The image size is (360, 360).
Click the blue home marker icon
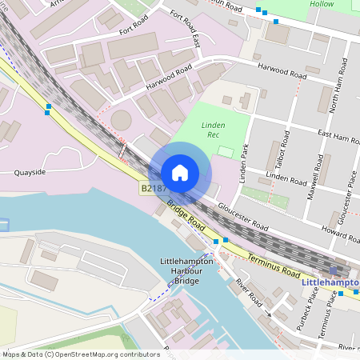tap(180, 173)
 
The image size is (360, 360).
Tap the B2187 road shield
tap(153, 189)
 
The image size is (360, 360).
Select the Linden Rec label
tap(213, 130)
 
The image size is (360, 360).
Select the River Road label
tap(249, 294)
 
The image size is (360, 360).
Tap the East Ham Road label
tap(338, 138)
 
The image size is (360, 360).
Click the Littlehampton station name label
tap(330, 282)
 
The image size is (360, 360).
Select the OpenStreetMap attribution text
tap(70, 354)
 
